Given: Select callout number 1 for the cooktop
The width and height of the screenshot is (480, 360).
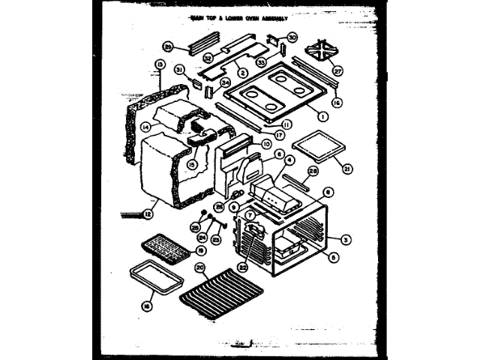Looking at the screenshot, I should [x=320, y=116].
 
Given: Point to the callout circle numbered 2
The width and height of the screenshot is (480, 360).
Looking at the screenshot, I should [x=243, y=73].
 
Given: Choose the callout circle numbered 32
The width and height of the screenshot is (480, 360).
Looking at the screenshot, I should [x=208, y=57].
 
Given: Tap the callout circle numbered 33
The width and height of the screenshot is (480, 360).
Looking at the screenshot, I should [x=262, y=62].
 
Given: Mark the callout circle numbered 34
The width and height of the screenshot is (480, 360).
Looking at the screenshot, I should [x=204, y=82].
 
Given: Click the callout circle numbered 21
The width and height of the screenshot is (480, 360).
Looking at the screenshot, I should [x=345, y=168].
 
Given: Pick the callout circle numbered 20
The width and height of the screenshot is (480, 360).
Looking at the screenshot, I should [x=199, y=268].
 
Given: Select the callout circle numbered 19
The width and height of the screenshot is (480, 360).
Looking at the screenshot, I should [x=200, y=250].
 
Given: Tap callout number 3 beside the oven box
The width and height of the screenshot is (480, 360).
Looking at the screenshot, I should [x=344, y=239].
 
